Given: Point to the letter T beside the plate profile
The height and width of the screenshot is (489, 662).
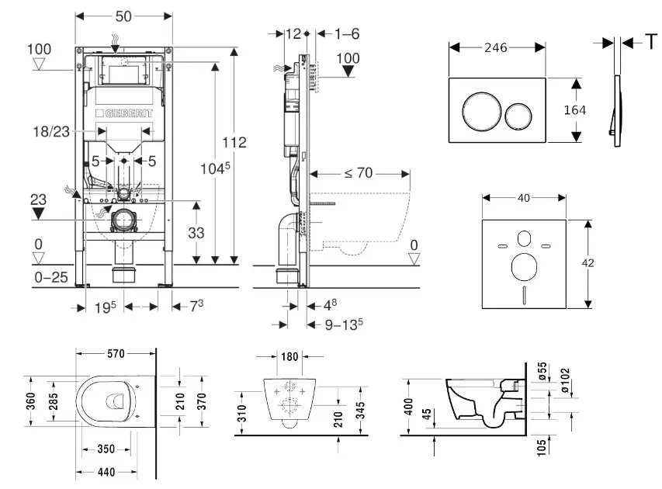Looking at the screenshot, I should coord(650,43).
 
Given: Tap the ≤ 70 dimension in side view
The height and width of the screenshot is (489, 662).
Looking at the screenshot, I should coord(359,173).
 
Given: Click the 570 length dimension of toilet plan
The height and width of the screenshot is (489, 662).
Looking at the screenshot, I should coord(116,354).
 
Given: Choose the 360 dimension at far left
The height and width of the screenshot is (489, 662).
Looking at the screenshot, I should coord(29,401).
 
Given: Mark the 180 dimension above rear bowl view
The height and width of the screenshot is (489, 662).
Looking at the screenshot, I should coord(289,357).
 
